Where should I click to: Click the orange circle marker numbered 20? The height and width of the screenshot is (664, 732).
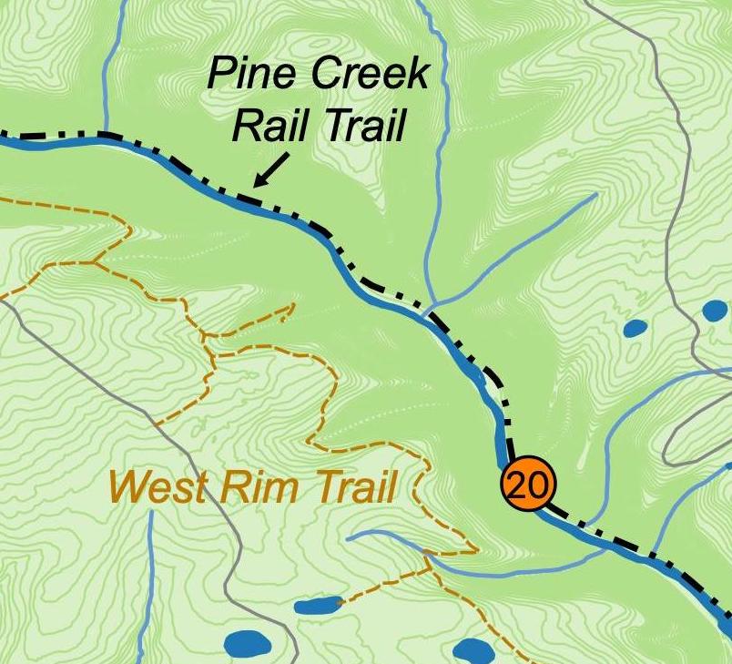(x=527, y=485)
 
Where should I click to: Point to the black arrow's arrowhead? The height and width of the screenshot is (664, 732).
(x=257, y=184)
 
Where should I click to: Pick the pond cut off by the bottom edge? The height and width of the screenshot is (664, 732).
(x=473, y=652)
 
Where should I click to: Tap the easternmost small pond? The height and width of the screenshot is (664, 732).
(x=716, y=311)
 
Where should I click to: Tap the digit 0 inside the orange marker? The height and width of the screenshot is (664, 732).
(x=537, y=485)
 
